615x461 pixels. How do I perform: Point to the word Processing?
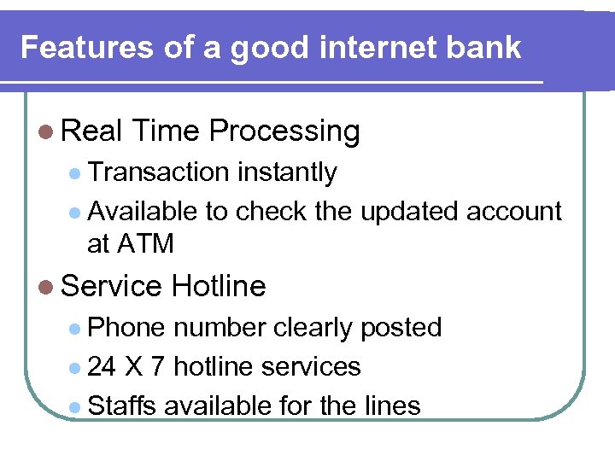pyautogui.click(x=284, y=131)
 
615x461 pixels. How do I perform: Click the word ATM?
pyautogui.click(x=145, y=244)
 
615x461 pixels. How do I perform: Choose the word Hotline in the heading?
pyautogui.click(x=219, y=286)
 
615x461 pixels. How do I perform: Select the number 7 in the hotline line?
pyautogui.click(x=157, y=367)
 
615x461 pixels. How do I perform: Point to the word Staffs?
pyautogui.click(x=122, y=406)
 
